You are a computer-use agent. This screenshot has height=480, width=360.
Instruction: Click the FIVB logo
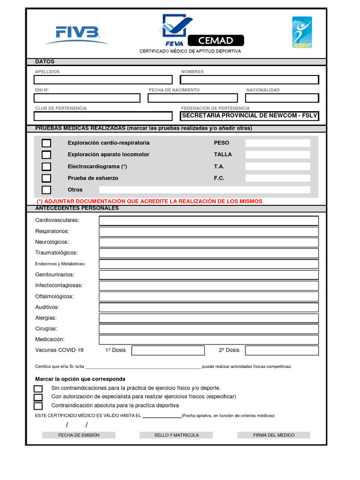(77, 33)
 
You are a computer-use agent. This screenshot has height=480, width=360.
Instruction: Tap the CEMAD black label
(216, 40)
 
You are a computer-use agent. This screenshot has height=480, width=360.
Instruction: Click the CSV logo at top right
(302, 32)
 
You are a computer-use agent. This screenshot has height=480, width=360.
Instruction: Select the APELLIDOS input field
(103, 80)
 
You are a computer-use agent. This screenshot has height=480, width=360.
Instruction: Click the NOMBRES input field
(250, 80)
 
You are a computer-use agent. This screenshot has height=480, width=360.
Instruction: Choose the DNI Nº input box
(87, 98)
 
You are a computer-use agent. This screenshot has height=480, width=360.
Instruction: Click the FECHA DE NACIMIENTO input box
(193, 98)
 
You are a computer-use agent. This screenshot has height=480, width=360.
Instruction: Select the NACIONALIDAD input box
(282, 98)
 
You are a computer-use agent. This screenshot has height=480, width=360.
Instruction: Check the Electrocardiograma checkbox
(46, 166)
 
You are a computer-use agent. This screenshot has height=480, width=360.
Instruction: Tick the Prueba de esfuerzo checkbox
(46, 178)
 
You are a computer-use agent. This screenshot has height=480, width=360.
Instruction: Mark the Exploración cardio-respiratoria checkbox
(46, 143)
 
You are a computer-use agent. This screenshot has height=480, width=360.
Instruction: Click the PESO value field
(277, 143)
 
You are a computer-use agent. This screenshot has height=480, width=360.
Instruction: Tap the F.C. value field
(277, 178)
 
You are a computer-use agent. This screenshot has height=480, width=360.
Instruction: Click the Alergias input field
(209, 318)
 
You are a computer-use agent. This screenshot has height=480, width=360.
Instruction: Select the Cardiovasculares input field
(209, 221)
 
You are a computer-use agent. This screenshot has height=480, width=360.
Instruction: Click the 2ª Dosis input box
(282, 351)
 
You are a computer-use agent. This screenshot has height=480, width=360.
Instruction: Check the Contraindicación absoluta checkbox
(38, 406)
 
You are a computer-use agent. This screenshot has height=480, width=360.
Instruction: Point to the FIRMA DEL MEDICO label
(274, 435)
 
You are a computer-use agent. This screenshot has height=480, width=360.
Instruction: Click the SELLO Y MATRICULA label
(176, 435)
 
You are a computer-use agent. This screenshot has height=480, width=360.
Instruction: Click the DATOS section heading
(45, 62)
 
